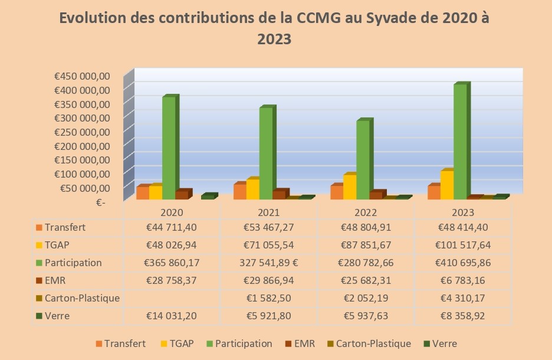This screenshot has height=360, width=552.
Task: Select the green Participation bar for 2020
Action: tap(169, 148)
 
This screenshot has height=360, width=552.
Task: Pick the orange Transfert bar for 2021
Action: tap(240, 192)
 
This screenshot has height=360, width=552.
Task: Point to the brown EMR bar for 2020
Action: tap(182, 195)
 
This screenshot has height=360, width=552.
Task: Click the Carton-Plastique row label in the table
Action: tap(82, 298)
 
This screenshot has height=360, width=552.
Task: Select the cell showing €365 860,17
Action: tap(172, 263)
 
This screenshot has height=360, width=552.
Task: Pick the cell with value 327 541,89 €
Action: tap(268, 263)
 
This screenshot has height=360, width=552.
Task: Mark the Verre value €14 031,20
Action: tap(172, 316)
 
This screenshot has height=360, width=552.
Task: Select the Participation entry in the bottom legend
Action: tap(244, 343)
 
